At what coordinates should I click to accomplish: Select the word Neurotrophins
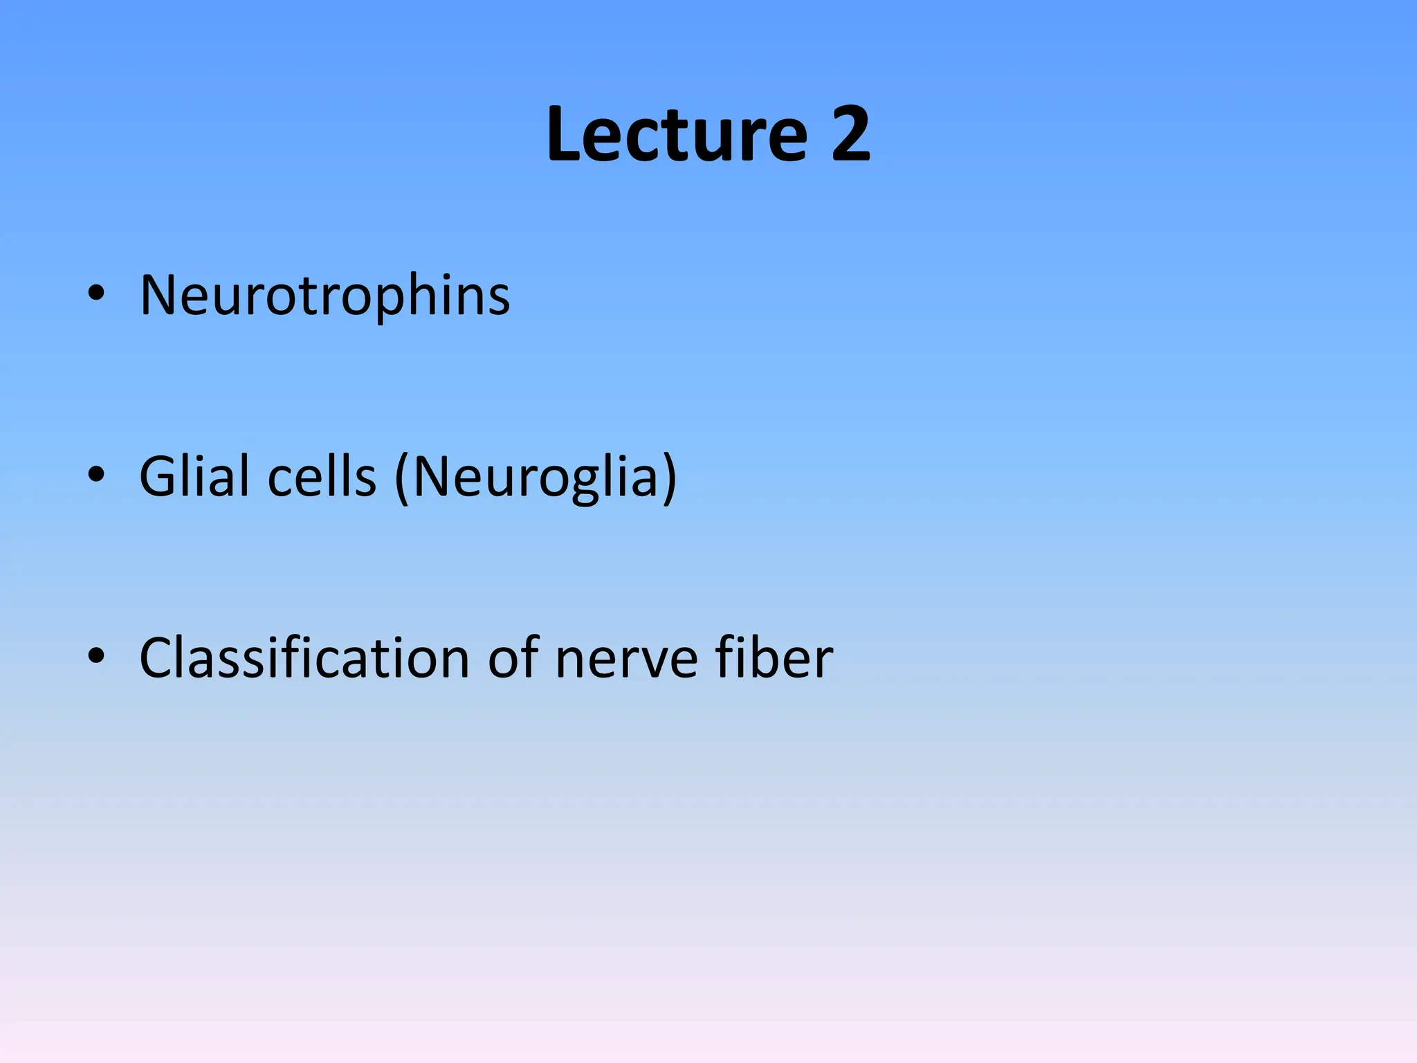pos(324,296)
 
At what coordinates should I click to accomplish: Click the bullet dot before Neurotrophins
pos(96,293)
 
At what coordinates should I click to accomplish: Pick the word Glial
pos(194,477)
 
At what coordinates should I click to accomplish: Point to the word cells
pos(322,477)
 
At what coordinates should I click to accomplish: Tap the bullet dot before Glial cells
pos(96,474)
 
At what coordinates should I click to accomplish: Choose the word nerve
pos(626,659)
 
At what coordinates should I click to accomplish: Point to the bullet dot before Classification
pos(96,655)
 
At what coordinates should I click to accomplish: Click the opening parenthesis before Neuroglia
pos(401,478)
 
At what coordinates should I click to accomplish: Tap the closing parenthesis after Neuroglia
pos(668,478)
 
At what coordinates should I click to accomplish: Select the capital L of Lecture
pos(563,134)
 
